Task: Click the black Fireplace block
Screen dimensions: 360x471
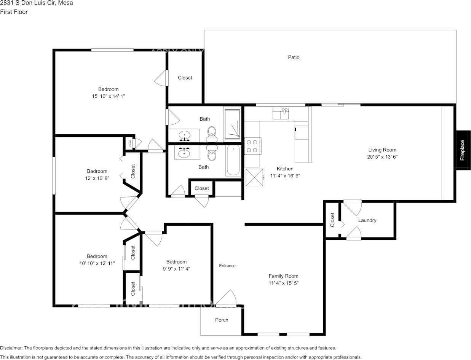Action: tap(463, 150)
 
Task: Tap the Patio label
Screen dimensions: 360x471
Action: tap(294, 57)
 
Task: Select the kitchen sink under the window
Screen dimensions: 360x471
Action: tap(281, 113)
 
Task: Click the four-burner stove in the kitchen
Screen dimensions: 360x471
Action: tap(252, 146)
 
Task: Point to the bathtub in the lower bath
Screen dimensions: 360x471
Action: tap(233, 160)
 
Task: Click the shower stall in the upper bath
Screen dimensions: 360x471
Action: tap(232, 124)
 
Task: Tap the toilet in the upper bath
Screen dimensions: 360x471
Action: tap(212, 133)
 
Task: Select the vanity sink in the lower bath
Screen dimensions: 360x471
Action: tap(185, 153)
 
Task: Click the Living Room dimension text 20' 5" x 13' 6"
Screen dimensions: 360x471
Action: tap(382, 157)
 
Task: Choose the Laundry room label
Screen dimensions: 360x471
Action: tap(367, 220)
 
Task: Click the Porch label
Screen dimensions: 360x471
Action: tap(222, 320)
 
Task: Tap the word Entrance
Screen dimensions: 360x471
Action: tap(227, 266)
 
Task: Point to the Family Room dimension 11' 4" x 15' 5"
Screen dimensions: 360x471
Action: tap(283, 283)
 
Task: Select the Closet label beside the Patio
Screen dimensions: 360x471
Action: tap(185, 78)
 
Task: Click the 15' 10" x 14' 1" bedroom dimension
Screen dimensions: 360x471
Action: tap(109, 96)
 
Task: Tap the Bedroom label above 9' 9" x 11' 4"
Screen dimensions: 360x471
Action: tap(176, 262)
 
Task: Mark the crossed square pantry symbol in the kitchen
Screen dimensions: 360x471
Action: tap(254, 177)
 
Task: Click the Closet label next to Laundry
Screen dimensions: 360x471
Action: tap(332, 220)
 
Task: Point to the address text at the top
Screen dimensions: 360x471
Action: tap(37, 3)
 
